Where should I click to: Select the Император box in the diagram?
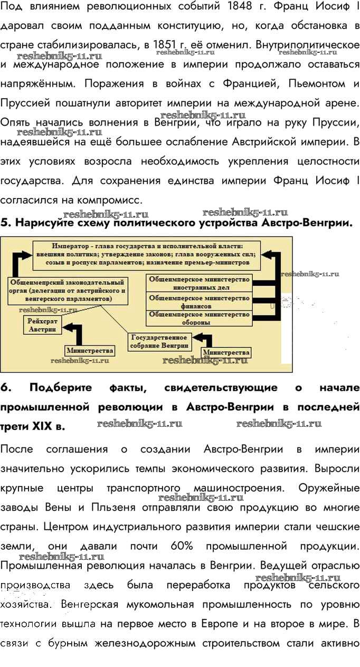tap(146, 255)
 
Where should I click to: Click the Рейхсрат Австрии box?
tap(43, 325)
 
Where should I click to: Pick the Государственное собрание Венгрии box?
tap(160, 342)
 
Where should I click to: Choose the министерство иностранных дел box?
tap(199, 283)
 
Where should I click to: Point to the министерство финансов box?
tap(199, 302)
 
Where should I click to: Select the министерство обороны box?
tap(199, 318)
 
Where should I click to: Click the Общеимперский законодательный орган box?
tap(68, 290)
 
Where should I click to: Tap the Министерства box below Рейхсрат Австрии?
tap(90, 351)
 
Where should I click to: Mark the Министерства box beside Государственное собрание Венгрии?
tap(226, 353)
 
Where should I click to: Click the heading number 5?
tap(5, 222)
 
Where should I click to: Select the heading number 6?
tap(5, 388)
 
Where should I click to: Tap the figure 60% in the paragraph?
tap(182, 546)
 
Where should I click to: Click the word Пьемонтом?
tap(317, 83)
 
